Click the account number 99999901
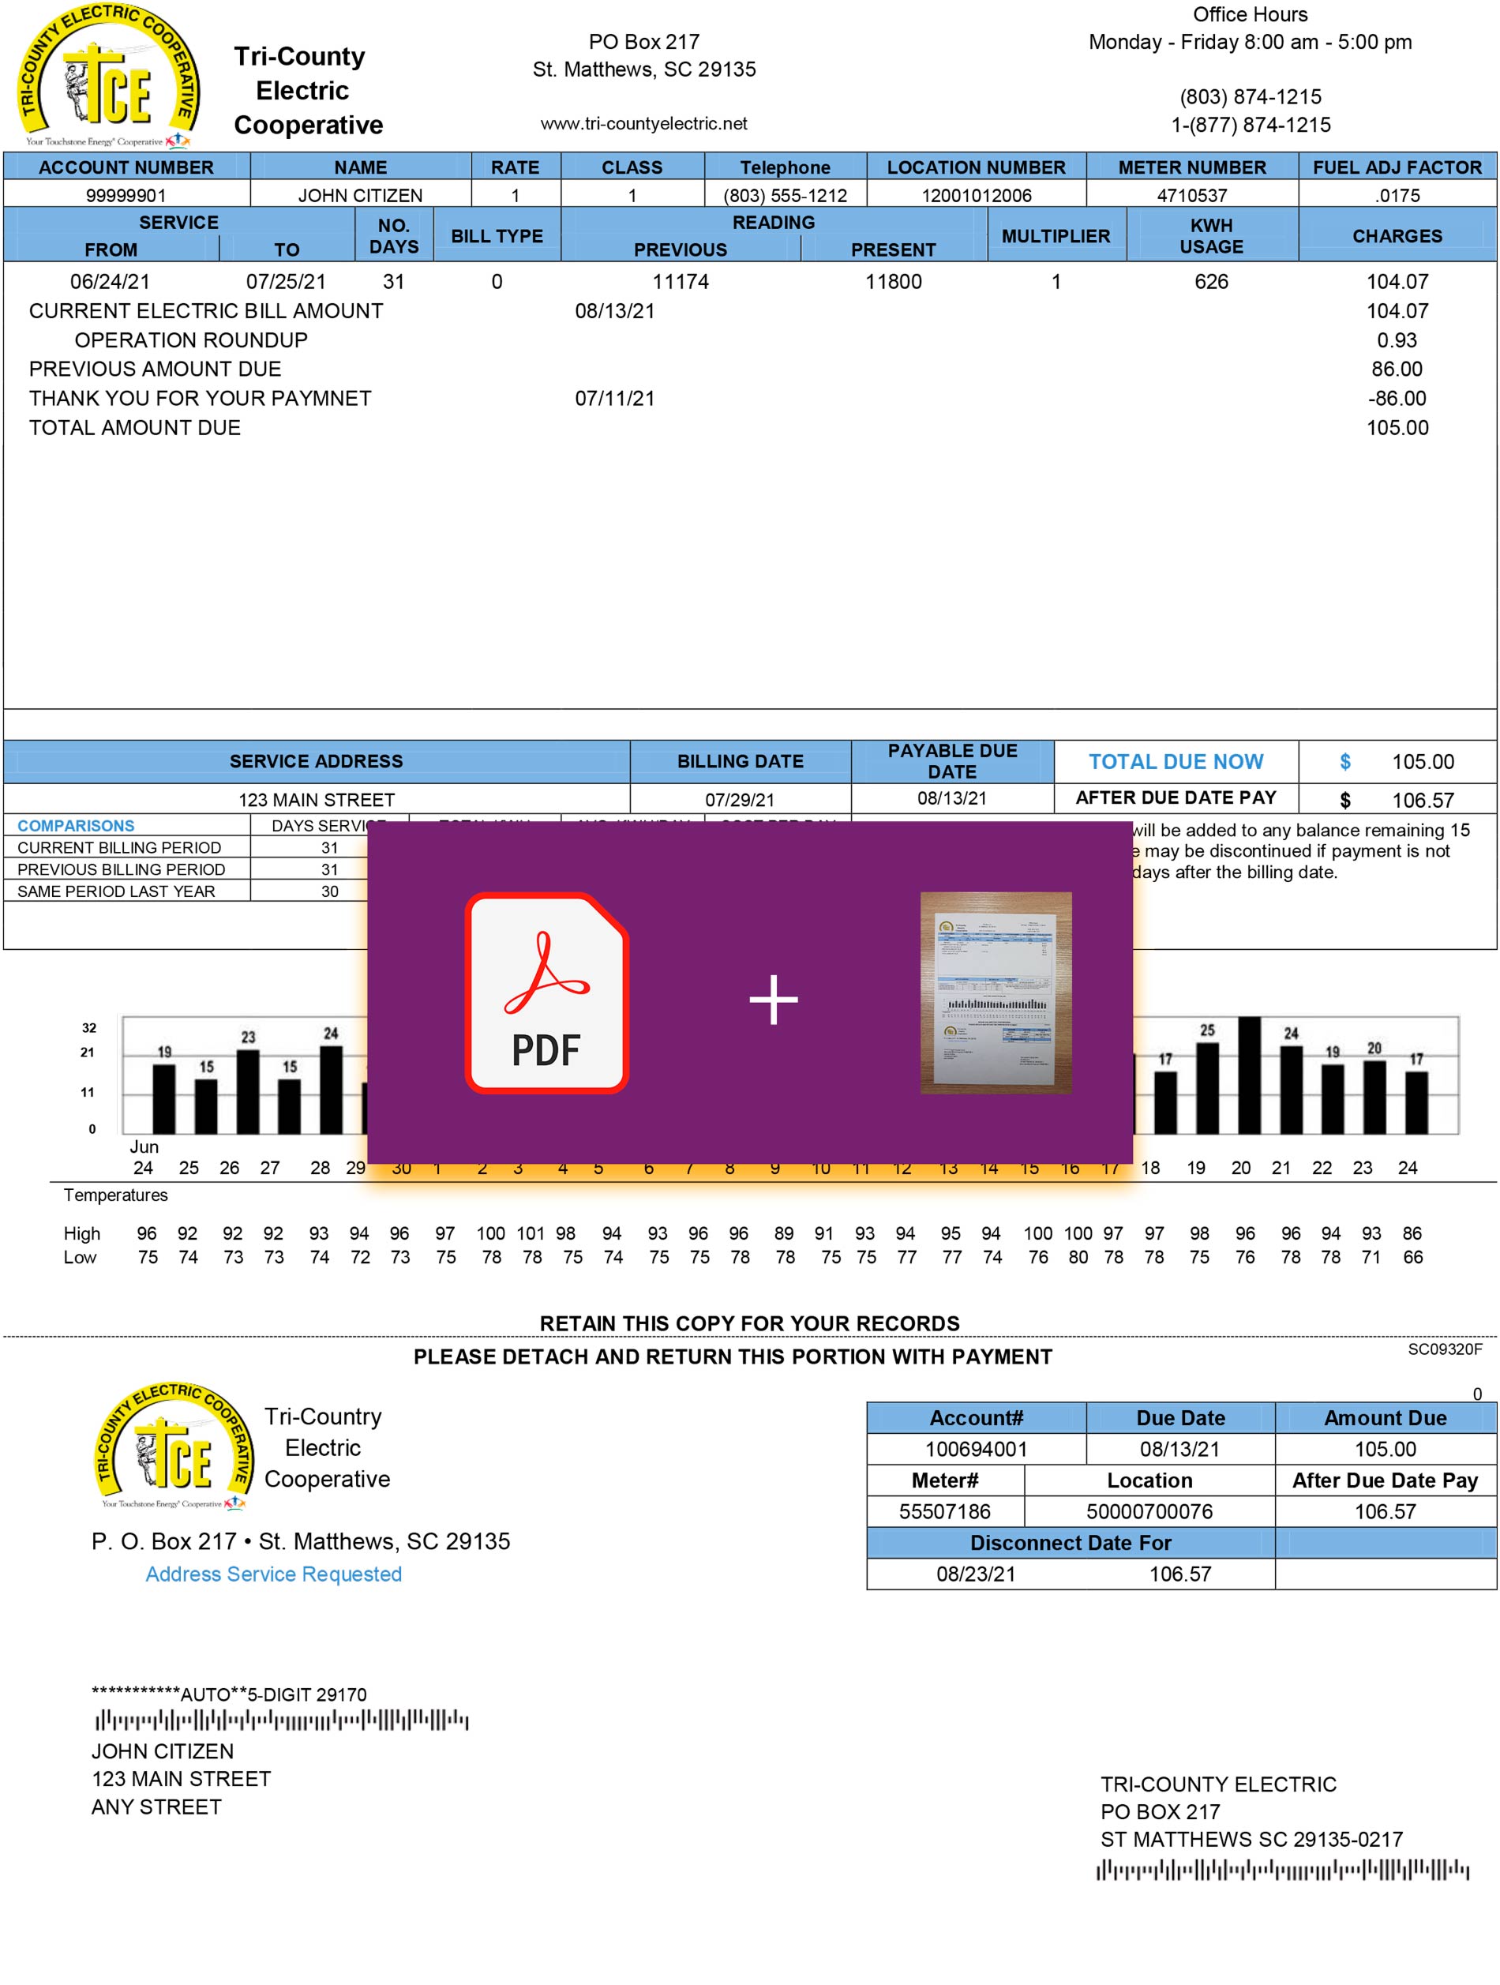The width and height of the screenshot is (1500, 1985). [x=126, y=196]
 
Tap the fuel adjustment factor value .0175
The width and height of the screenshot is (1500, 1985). [x=1397, y=196]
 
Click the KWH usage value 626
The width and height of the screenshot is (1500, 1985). [x=1210, y=282]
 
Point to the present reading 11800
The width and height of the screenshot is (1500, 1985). [x=893, y=282]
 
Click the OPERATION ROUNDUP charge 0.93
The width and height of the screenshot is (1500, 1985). [x=1396, y=341]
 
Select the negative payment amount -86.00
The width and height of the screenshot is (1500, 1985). [x=1396, y=399]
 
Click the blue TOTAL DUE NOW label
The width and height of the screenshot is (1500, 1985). [x=1176, y=762]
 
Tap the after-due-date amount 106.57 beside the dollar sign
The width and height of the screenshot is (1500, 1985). [x=1422, y=801]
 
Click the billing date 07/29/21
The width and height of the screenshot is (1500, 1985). [x=739, y=800]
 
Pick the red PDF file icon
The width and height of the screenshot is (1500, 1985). [x=546, y=992]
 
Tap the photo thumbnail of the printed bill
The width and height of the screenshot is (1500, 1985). [x=996, y=992]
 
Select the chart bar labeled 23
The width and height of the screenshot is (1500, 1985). [x=248, y=1090]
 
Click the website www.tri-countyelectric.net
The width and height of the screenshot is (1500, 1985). [x=643, y=124]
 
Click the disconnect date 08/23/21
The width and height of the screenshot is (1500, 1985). [x=975, y=1574]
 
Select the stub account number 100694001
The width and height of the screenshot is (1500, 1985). [x=975, y=1449]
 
